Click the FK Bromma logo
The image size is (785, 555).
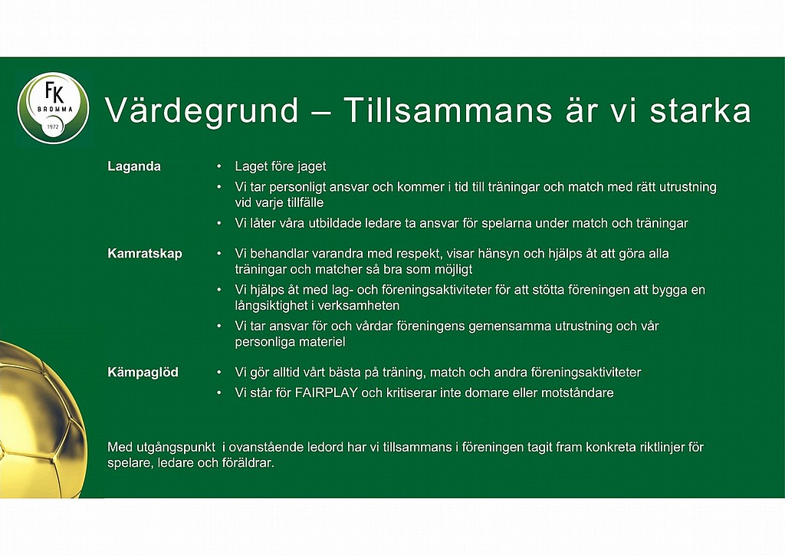[53, 108]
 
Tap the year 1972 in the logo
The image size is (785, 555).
[53, 126]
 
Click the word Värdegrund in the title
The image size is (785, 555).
[202, 110]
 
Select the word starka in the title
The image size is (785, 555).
[701, 110]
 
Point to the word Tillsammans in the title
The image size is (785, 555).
[448, 110]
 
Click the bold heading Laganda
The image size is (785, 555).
[134, 166]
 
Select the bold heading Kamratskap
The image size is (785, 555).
[145, 254]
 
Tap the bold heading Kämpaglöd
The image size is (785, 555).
[143, 373]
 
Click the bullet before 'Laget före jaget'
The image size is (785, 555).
[218, 166]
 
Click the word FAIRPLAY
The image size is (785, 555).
[327, 392]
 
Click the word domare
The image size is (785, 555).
[484, 392]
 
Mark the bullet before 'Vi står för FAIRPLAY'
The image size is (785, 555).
[218, 392]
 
